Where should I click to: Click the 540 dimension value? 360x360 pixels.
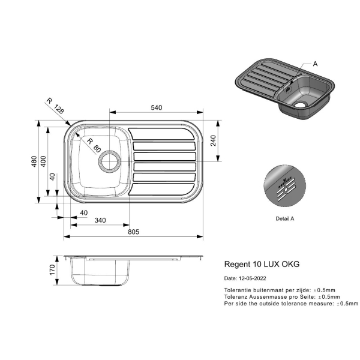tap(157, 107)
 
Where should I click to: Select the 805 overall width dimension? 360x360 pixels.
tap(133, 232)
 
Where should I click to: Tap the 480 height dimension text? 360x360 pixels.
tap(34, 161)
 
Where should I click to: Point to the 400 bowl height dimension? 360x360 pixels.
tap(43, 161)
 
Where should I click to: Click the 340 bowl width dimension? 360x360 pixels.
tap(100, 220)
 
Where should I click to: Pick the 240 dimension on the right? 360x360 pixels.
tap(213, 140)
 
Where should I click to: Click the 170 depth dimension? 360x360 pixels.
tap(52, 270)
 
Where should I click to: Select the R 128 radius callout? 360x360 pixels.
tap(55, 106)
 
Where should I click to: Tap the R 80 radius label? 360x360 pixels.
tap(94, 145)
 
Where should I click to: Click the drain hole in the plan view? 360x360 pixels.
tap(110, 161)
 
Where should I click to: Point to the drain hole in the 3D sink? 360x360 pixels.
tap(300, 104)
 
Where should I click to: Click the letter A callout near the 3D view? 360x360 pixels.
tap(315, 64)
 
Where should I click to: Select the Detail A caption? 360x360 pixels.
tap(284, 218)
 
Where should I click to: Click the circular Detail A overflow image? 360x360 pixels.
tap(284, 185)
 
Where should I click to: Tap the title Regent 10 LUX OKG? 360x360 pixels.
tap(262, 264)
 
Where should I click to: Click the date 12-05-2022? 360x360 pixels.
tap(253, 278)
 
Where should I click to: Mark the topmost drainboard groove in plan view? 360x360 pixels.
tap(161, 134)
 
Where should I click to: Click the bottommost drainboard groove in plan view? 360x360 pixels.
tap(161, 190)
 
